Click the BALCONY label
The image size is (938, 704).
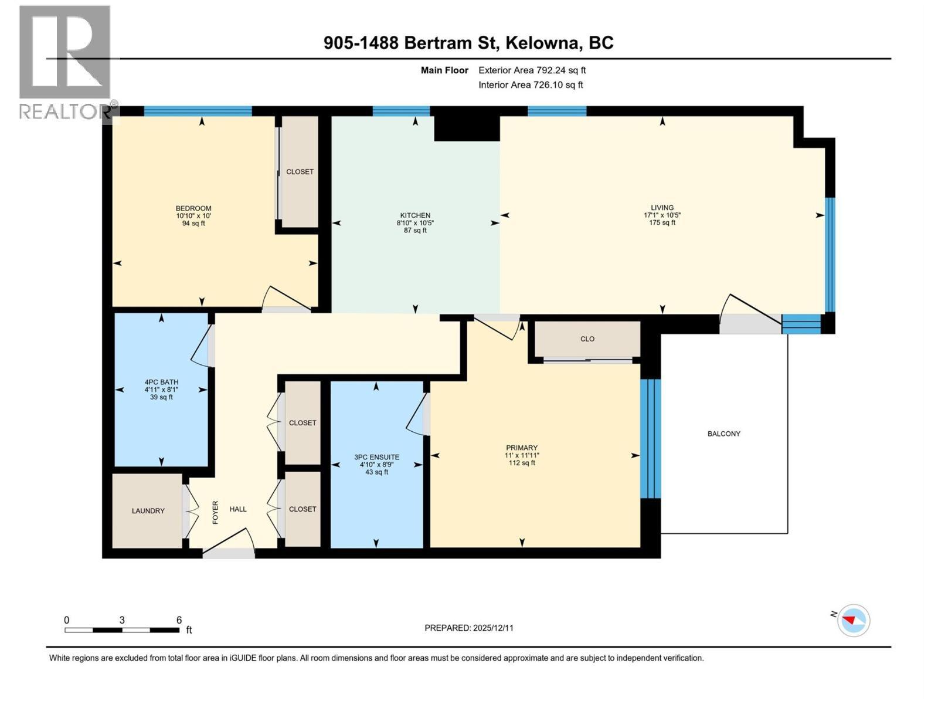(723, 434)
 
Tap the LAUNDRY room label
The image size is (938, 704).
(148, 511)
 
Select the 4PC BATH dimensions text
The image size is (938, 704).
(161, 390)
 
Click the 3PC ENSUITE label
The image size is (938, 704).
(376, 457)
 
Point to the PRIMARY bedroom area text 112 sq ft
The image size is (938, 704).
(522, 463)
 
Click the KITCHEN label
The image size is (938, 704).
(415, 215)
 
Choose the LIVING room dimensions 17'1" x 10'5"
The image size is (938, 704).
(662, 215)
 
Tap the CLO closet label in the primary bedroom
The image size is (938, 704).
(587, 339)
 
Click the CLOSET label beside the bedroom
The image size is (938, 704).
(300, 172)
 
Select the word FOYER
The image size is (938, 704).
(215, 512)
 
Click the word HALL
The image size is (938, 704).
(238, 509)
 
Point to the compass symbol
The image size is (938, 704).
(853, 620)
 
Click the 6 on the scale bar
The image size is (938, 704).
(179, 620)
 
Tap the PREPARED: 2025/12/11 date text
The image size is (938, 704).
(469, 628)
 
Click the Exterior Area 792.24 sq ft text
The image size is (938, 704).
(532, 70)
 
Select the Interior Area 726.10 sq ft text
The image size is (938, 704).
(531, 84)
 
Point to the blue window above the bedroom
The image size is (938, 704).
(198, 111)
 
